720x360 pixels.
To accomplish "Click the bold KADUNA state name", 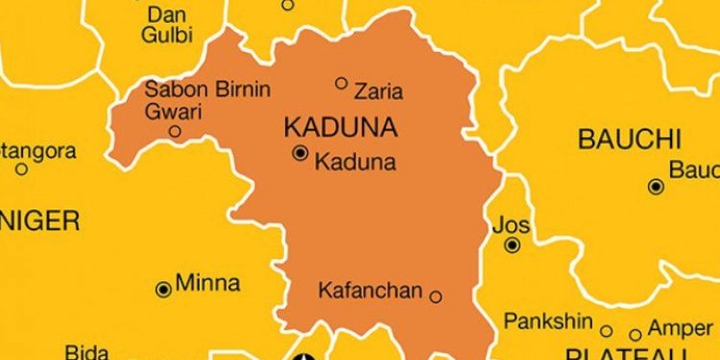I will tap(328, 127).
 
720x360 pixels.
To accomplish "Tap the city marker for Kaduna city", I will tap(300, 154).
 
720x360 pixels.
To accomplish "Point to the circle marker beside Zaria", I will tap(341, 84).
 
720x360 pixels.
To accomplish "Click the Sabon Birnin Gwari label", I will tap(206, 100).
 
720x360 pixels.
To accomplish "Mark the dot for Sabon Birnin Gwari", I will tap(175, 132).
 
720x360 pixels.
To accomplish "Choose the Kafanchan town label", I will tap(370, 289).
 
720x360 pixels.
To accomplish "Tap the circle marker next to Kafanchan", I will tap(435, 297).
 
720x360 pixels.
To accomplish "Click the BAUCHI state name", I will tap(629, 139).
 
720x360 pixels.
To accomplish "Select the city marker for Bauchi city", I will tap(656, 186).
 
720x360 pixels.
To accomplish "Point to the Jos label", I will tap(511, 226).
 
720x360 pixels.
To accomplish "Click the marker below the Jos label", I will tap(513, 246).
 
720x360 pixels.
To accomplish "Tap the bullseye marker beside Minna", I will tap(163, 288).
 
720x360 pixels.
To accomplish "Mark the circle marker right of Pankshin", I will tap(606, 328).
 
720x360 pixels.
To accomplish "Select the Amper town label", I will tap(681, 328).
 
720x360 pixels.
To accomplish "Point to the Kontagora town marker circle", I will tap(21, 169).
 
